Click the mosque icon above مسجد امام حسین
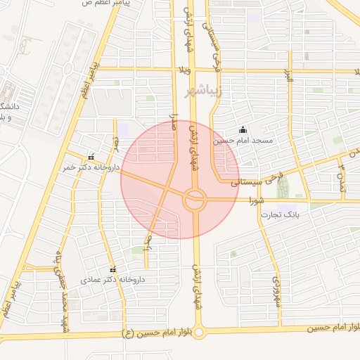pyautogui.click(x=243, y=129)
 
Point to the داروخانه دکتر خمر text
pyautogui.click(x=89, y=167)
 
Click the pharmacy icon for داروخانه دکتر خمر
pyautogui.click(x=90, y=157)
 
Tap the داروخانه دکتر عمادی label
pyautogui.click(x=112, y=279)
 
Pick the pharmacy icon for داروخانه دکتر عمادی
pyautogui.click(x=112, y=269)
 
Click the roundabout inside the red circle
pyautogui.click(x=194, y=200)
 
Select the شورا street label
pyautogui.click(x=255, y=200)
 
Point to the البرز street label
pyautogui.click(x=288, y=77)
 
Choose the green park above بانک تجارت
pyautogui.click(x=283, y=186)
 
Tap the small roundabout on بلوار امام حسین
pyautogui.click(x=198, y=330)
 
